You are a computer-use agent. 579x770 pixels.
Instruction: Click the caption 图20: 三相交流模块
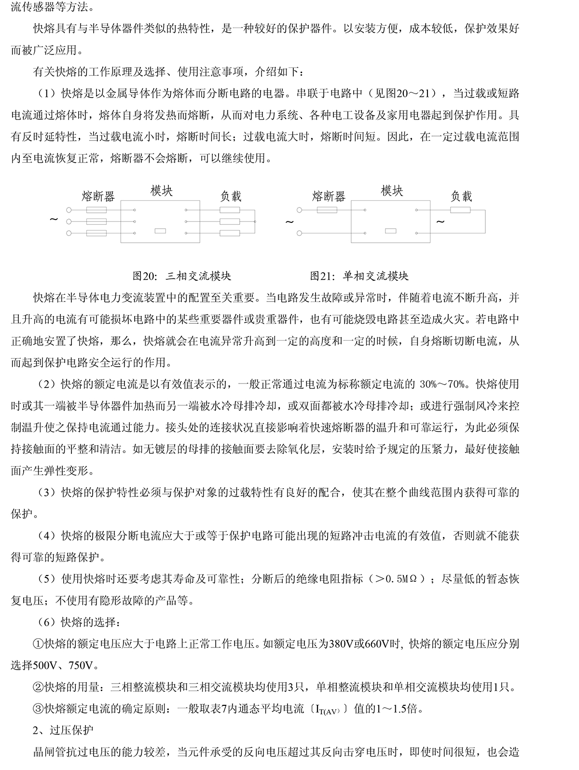pos(182,276)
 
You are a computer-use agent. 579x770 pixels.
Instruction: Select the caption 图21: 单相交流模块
pos(359,276)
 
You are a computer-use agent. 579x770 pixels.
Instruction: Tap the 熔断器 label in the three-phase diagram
pos(98,196)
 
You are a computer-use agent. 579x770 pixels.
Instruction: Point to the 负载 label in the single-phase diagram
pos(461,196)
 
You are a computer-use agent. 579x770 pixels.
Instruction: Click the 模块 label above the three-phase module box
pos(161,191)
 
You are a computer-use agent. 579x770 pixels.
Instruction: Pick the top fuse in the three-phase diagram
pos(97,210)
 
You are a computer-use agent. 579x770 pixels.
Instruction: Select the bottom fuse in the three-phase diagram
pos(97,234)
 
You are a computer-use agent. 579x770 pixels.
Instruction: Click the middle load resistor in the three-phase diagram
pos(230,222)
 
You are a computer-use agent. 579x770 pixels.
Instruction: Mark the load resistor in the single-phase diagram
pos(460,210)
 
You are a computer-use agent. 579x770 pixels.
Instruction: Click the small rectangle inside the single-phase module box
pos(391,231)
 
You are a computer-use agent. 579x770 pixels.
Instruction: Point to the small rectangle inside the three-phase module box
pos(160,231)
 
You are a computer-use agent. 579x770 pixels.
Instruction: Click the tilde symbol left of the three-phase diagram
pos(54,220)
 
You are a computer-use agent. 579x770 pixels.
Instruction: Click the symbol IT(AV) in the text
pos(329,710)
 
